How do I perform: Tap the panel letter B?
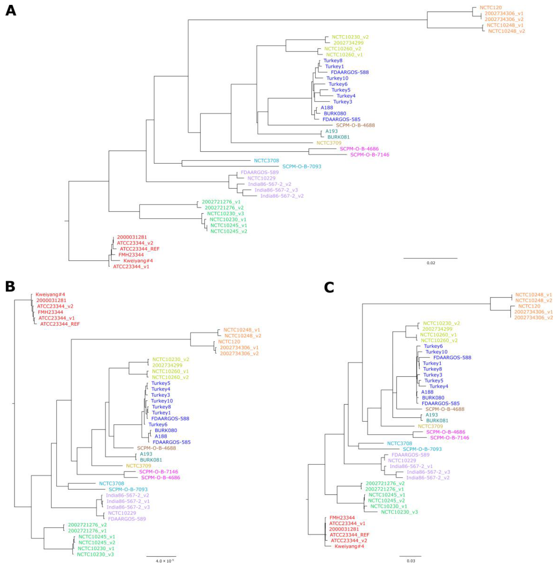tap(10, 286)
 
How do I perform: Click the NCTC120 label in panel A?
tap(491, 8)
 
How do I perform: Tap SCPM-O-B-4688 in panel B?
tap(156, 448)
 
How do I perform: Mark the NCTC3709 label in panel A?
tap(329, 143)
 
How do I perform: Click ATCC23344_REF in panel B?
tap(60, 324)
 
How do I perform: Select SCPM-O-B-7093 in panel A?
tap(302, 166)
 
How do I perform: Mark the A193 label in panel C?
tap(431, 415)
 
